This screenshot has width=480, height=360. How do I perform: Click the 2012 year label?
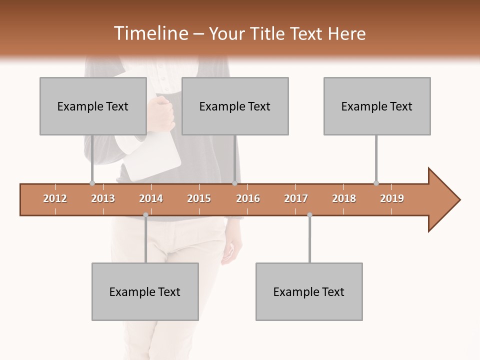(55, 198)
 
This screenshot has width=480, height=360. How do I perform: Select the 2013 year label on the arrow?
(103, 198)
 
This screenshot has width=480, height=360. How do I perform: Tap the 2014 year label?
(151, 198)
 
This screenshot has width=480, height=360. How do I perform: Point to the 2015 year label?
(199, 198)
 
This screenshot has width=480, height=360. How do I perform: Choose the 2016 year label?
(248, 198)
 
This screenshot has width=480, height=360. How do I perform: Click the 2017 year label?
(296, 198)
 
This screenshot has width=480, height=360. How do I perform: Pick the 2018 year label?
(344, 198)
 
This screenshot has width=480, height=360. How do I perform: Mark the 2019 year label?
(392, 198)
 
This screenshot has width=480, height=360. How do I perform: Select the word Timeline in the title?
(149, 33)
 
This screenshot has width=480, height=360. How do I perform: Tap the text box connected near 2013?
(93, 106)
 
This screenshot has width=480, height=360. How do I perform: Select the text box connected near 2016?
(235, 106)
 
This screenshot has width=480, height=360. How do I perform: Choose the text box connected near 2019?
(377, 106)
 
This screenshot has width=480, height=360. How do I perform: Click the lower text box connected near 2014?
(145, 291)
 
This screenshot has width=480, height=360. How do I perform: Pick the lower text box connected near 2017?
(309, 291)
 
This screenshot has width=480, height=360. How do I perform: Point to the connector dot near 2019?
(376, 183)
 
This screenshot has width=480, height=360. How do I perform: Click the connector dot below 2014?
(145, 215)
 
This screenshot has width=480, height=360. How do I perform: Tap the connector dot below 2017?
(309, 215)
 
